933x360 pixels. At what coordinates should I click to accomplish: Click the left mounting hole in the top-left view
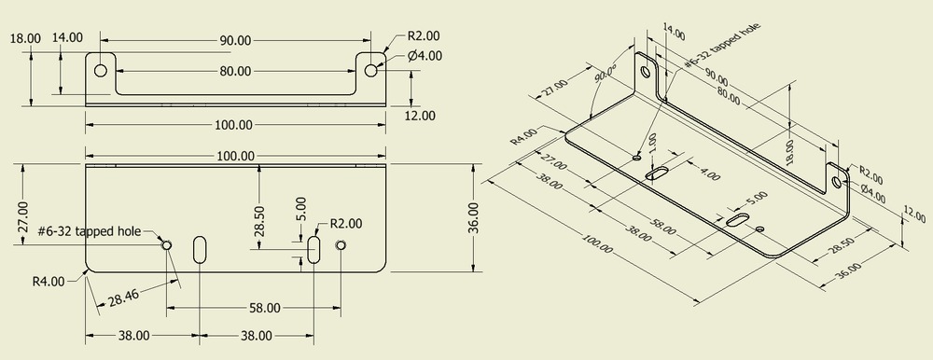[x=100, y=70]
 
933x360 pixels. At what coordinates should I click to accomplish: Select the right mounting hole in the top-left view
[x=371, y=70]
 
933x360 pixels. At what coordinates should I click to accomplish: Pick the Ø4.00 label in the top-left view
[x=425, y=56]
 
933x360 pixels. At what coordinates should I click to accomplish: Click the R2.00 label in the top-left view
[x=424, y=36]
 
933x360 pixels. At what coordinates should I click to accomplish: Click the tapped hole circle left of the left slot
[x=167, y=245]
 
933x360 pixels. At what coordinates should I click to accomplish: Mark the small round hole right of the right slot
[x=341, y=245]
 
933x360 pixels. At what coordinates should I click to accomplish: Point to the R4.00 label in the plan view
[x=49, y=281]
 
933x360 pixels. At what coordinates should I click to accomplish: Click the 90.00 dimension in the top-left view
[x=235, y=40]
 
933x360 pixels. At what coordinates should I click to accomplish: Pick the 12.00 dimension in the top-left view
[x=421, y=115]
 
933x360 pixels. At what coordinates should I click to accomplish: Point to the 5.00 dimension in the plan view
[x=299, y=206]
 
